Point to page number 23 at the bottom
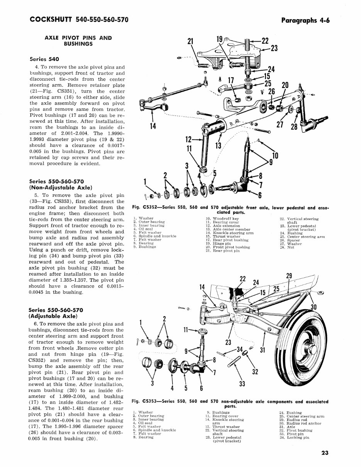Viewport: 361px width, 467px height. tap(325, 454)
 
